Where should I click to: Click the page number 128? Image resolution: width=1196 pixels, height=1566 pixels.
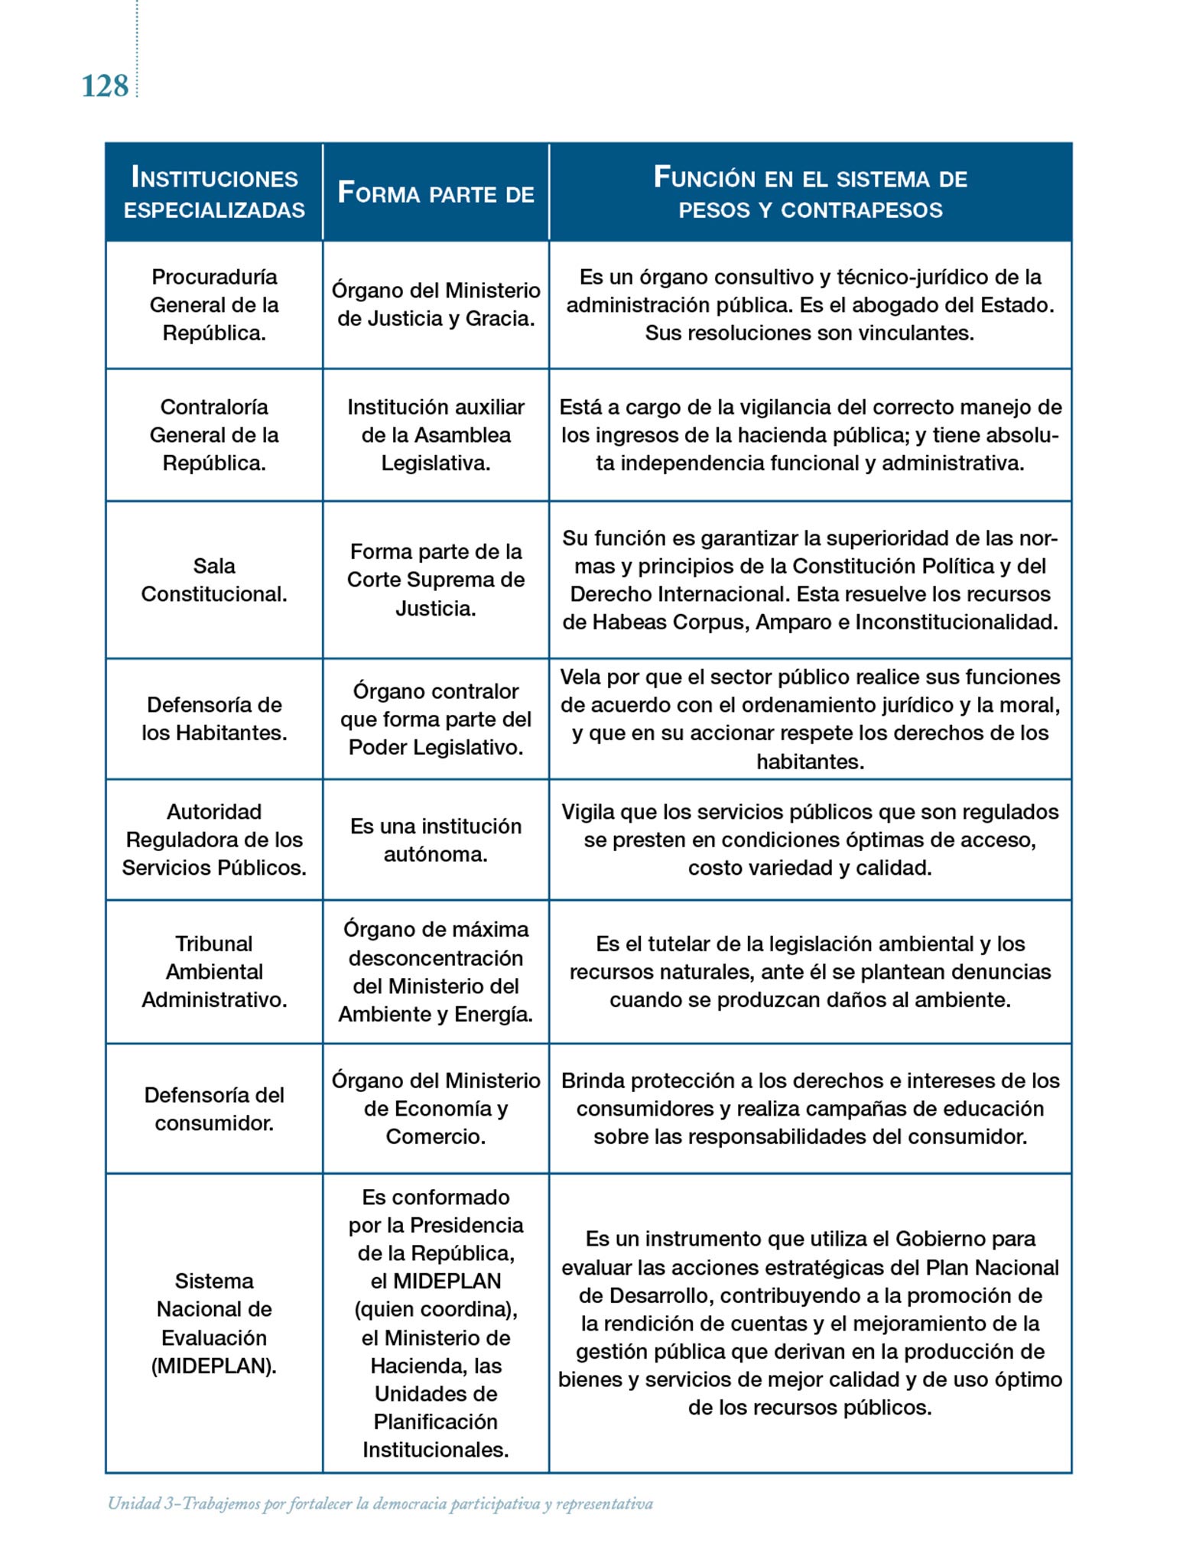[105, 86]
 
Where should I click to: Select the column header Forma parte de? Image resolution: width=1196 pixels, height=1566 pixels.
[435, 193]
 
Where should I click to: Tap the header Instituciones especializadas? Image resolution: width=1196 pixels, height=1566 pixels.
[214, 193]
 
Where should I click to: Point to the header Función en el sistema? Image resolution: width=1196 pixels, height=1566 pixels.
[810, 193]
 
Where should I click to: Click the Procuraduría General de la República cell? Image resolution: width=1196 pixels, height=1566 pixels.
[214, 305]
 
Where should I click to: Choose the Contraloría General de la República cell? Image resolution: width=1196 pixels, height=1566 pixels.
[214, 435]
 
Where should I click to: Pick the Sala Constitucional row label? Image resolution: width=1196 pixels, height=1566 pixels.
[214, 580]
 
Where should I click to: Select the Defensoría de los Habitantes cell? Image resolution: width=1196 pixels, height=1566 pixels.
[214, 719]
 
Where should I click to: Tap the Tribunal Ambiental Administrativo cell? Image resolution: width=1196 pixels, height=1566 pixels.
[214, 972]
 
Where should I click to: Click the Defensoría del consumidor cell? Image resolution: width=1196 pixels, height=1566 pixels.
[214, 1109]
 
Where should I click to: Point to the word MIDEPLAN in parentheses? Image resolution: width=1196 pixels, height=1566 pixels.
[214, 1366]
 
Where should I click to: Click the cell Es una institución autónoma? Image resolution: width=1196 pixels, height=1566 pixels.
[435, 840]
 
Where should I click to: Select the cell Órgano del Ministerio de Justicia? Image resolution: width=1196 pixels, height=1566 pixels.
[435, 304]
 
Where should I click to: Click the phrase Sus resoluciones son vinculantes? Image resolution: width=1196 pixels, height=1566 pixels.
[810, 333]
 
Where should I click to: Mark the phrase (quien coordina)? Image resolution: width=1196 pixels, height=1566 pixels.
[435, 1309]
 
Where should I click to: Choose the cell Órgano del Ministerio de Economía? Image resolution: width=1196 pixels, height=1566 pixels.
[435, 1109]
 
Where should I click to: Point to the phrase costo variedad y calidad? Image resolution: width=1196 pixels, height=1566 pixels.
[810, 868]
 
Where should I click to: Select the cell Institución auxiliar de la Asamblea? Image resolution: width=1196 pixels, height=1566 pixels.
[435, 435]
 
